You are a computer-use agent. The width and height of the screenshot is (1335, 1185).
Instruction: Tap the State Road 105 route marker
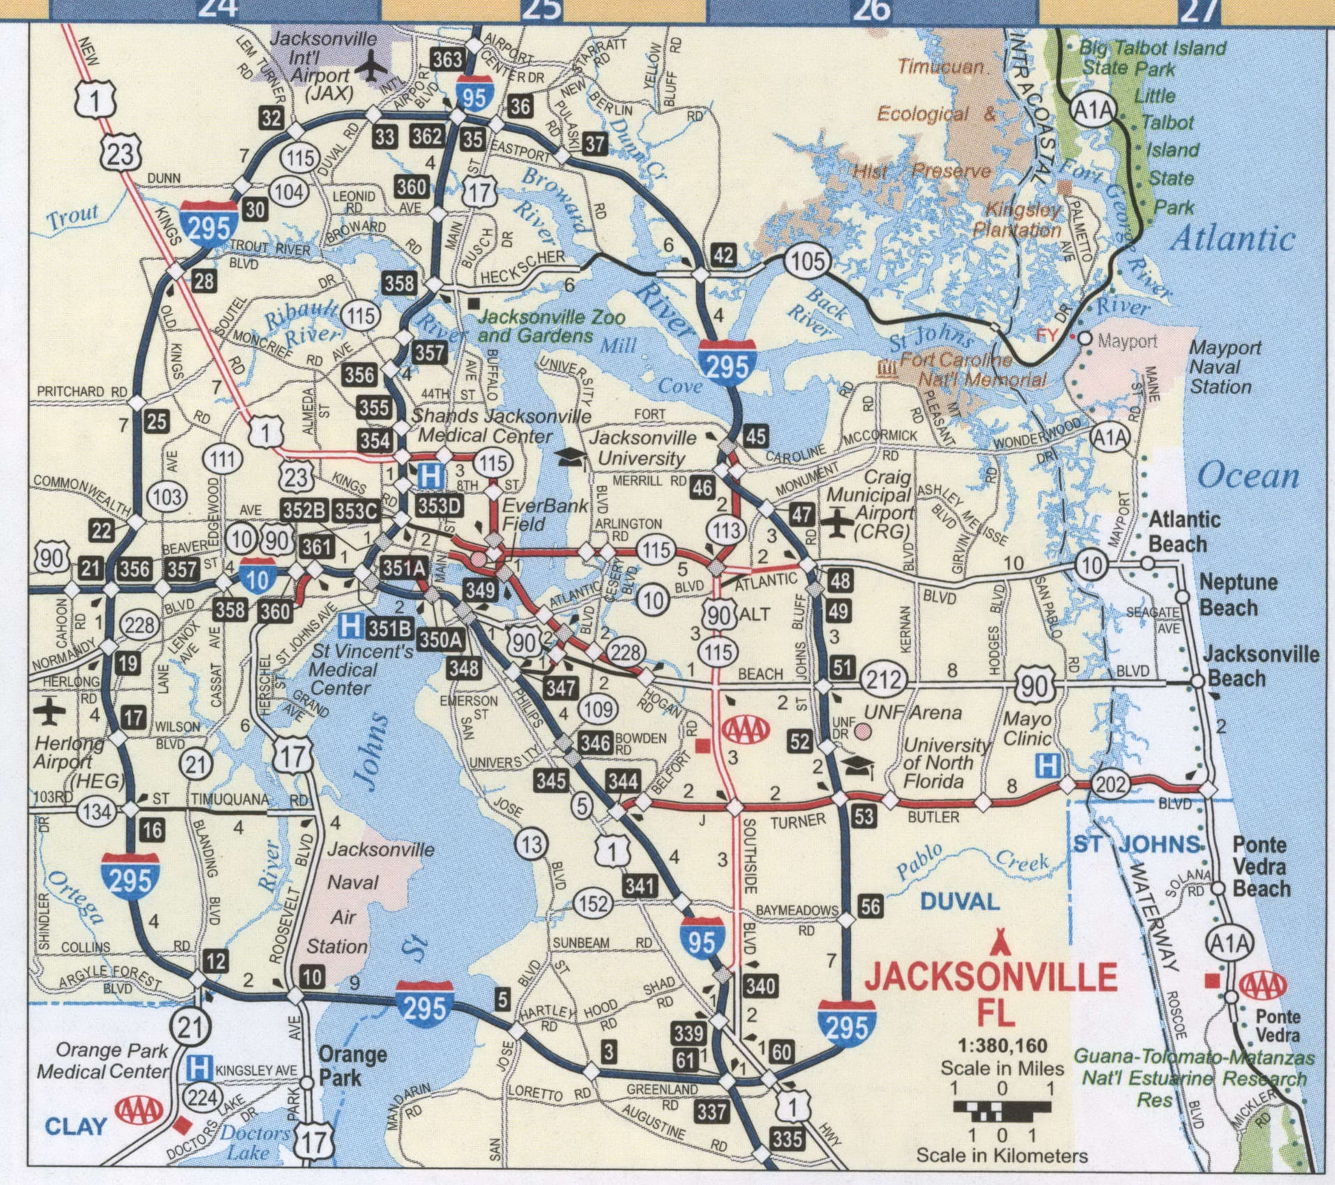click(x=807, y=262)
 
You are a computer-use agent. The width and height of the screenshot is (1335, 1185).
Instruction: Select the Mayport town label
click(x=1127, y=341)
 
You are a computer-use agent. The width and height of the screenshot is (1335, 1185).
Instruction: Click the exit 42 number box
click(x=723, y=255)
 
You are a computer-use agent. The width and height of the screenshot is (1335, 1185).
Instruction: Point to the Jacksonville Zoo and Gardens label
click(x=551, y=326)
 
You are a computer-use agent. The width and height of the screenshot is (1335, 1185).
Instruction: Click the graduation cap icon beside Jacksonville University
click(x=572, y=456)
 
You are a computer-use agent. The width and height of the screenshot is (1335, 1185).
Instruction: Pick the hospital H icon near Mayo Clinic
click(x=1046, y=765)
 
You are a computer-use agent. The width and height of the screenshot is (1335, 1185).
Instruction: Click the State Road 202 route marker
click(x=1109, y=784)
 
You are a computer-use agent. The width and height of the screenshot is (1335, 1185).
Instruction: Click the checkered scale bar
click(x=1001, y=1108)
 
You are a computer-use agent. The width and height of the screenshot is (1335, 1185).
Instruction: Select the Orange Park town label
click(x=352, y=1065)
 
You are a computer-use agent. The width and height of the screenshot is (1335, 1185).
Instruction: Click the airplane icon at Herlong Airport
click(x=49, y=711)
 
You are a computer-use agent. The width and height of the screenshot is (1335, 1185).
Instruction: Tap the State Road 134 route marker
click(x=96, y=810)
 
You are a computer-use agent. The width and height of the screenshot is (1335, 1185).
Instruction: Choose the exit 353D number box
click(x=438, y=506)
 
